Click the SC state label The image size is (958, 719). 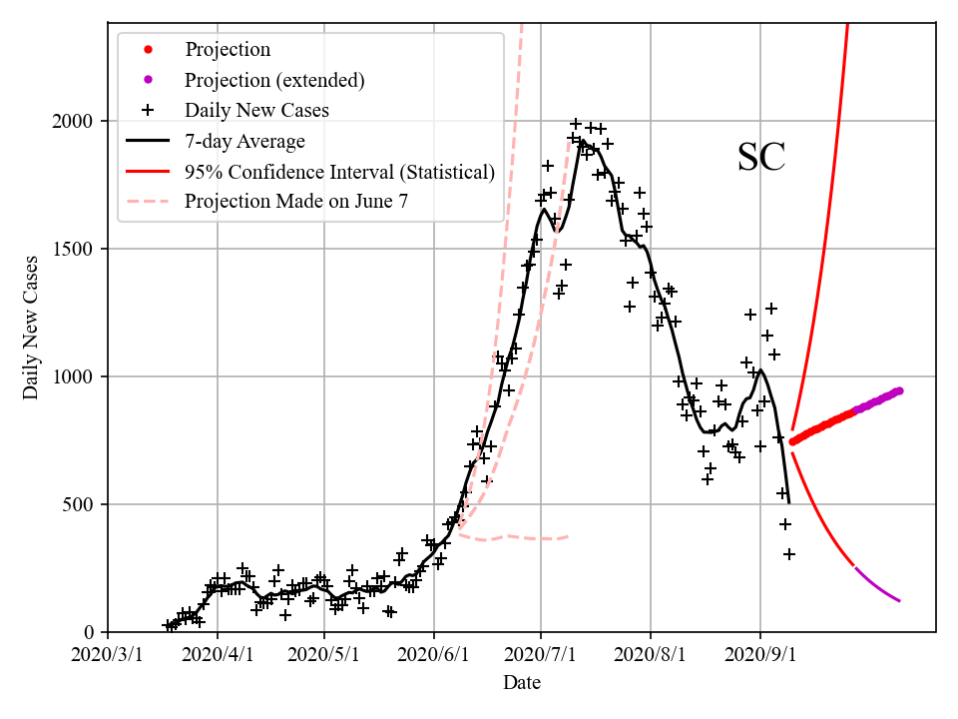761,158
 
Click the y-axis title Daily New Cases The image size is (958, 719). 31,327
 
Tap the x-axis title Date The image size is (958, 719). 522,683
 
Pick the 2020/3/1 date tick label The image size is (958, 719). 108,657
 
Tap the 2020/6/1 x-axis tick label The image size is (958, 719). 434,657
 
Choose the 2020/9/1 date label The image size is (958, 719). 760,657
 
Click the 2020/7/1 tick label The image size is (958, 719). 542,657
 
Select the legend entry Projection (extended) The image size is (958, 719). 274,80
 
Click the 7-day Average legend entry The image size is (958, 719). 244,141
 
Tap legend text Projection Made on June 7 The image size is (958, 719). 296,202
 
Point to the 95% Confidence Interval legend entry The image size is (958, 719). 339,172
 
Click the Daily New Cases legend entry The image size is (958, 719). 256,110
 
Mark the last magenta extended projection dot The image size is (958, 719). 899,390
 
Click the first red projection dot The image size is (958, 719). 792,441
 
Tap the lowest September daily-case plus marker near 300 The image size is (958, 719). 789,554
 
